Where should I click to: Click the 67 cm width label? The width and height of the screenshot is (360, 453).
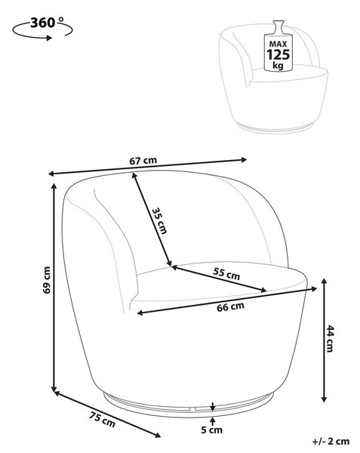(143, 161)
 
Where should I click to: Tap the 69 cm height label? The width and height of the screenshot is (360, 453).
(47, 280)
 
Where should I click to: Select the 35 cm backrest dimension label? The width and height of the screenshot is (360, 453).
(159, 220)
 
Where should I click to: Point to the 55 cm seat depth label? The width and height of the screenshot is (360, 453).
(226, 273)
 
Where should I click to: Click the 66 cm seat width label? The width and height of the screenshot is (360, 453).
(230, 307)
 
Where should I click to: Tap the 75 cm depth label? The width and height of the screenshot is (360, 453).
(102, 420)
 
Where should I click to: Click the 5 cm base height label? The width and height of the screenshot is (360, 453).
(211, 430)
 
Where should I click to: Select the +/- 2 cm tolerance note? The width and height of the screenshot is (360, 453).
(331, 442)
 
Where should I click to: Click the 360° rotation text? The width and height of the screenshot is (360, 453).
(47, 23)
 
